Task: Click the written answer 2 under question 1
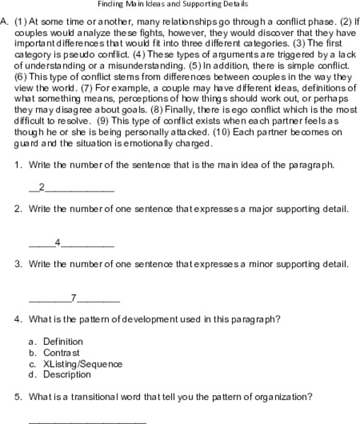[42, 187]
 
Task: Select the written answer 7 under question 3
[74, 297]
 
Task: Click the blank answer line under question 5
[87, 421]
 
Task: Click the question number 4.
[18, 319]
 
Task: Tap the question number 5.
[18, 396]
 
